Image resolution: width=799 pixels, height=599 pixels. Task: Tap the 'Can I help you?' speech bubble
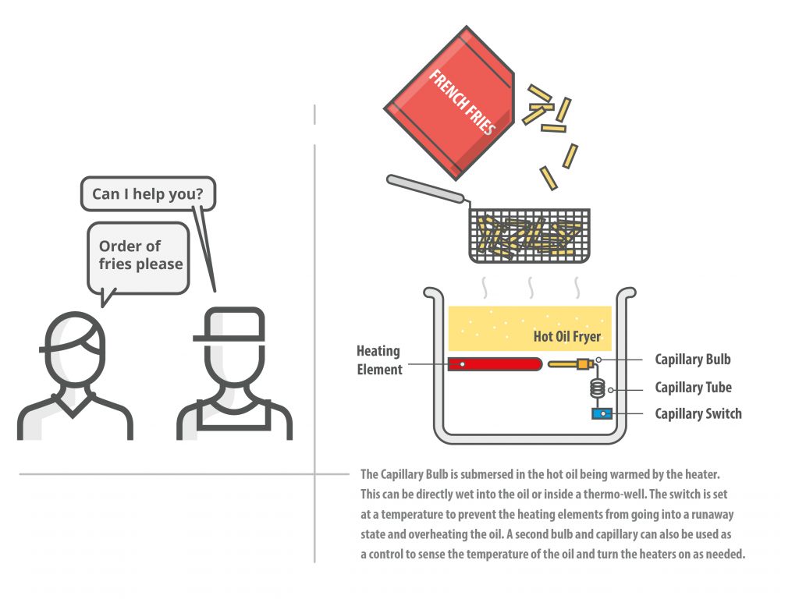pos(147,193)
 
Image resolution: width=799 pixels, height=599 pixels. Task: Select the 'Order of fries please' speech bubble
pos(139,256)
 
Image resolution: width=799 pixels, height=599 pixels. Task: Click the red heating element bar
pos(495,364)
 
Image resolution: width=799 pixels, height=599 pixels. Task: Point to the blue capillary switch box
pos(599,413)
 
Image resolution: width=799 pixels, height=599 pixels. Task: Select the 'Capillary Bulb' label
pos(693,360)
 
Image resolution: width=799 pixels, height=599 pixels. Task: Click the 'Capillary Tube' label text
pos(693,388)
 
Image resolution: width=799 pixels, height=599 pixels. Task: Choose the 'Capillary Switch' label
pos(698,414)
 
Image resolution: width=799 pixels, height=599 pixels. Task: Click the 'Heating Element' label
pos(380,360)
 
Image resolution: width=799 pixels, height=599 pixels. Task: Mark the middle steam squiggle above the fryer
pos(531,287)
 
